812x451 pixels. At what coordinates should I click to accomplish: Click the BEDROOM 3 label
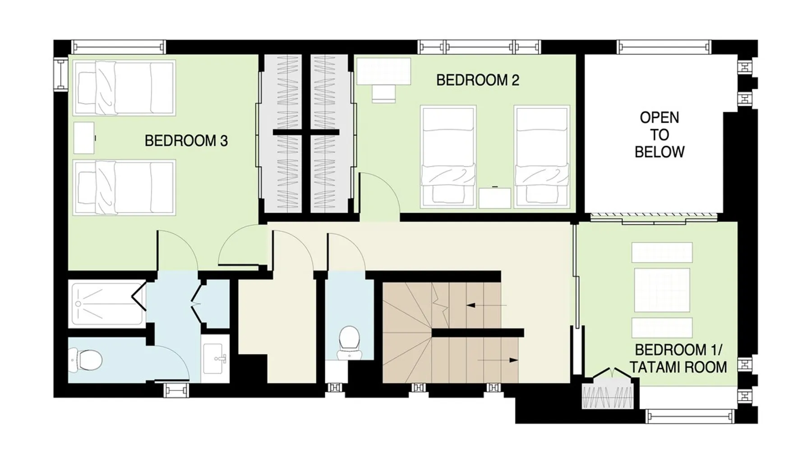tap(186, 141)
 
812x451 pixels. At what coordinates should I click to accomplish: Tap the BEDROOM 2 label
tap(478, 80)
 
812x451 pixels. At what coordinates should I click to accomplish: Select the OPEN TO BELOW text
tap(660, 134)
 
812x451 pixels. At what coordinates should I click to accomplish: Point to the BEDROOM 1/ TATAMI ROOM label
tap(678, 359)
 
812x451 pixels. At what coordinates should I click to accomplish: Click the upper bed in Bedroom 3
tap(124, 87)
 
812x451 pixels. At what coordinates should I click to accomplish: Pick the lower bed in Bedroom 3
tap(124, 187)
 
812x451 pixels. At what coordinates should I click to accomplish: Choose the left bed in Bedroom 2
tap(448, 156)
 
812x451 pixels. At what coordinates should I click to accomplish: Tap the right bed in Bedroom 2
tap(542, 156)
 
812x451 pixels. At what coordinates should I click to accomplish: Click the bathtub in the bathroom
tap(107, 304)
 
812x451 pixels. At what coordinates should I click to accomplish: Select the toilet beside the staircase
tap(349, 343)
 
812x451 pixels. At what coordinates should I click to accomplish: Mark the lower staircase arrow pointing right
tap(498, 360)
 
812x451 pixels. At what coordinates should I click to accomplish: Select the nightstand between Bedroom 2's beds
tap(495, 198)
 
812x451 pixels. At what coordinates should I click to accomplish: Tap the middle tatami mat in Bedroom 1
tap(662, 290)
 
